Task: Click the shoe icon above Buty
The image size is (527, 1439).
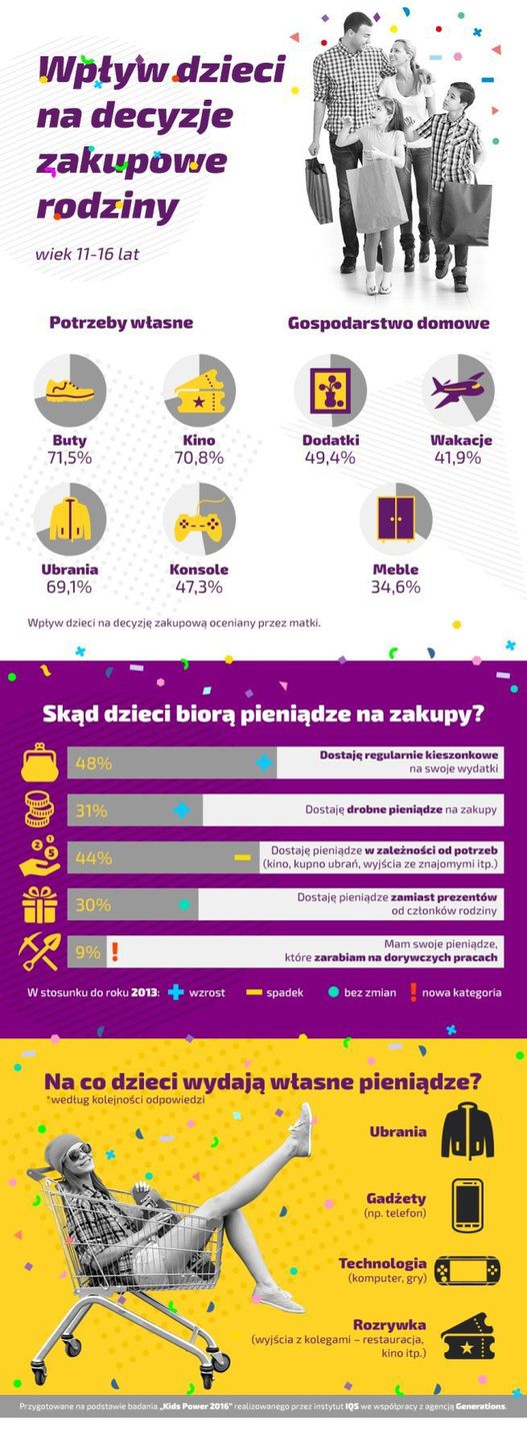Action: tap(70, 390)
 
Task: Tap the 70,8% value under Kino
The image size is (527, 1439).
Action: tap(200, 458)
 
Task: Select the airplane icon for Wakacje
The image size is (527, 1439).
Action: tap(458, 390)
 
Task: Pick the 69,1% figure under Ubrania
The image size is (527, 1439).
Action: tap(70, 587)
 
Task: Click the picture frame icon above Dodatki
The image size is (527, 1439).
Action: tap(329, 390)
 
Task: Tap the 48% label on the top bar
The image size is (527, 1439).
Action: tap(93, 763)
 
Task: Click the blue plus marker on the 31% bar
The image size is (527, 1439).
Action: tap(181, 810)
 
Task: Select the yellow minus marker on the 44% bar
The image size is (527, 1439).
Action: tap(242, 857)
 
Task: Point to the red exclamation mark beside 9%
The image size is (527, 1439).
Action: tap(116, 951)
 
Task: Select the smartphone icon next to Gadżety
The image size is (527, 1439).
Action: tap(467, 1204)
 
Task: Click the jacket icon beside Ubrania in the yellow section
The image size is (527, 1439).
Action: tap(468, 1130)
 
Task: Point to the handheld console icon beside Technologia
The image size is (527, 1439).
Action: tap(467, 1269)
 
